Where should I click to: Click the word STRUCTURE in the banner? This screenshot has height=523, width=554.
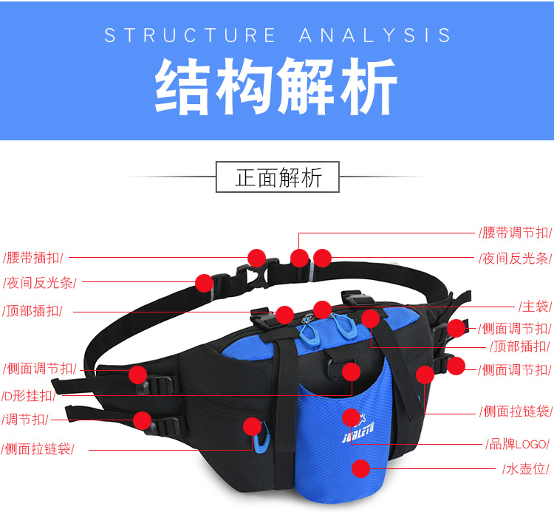coord(190,35)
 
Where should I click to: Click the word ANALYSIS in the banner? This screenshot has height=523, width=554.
coord(375,35)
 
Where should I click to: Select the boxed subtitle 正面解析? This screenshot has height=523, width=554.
coord(278,177)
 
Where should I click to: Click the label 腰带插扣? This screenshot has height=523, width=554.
coord(34,258)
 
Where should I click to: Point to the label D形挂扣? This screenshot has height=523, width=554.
coord(30,395)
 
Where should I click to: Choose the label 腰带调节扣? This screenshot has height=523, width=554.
coord(516,233)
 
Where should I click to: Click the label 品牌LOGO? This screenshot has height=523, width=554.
coord(517,444)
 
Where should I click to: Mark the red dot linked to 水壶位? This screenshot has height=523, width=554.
coord(360,468)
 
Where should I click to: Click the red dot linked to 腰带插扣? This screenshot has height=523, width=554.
coord(256,258)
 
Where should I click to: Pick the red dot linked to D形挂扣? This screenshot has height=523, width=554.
coord(352,372)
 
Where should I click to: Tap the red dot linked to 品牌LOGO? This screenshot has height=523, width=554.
coord(352,417)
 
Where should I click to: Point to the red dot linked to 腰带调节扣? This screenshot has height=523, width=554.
coord(299,258)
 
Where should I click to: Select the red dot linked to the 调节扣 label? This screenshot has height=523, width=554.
coord(143,420)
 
